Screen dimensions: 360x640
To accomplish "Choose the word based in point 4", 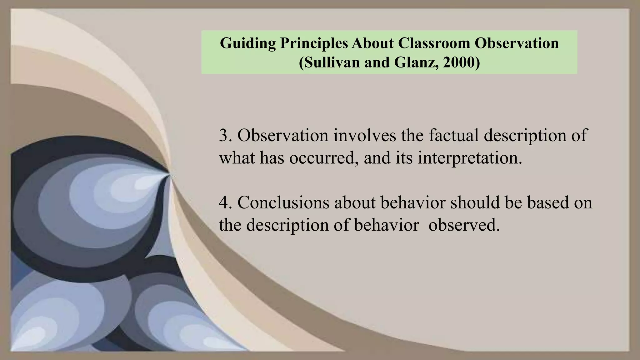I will coord(547,202).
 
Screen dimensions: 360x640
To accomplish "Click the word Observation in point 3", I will coord(283,136).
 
